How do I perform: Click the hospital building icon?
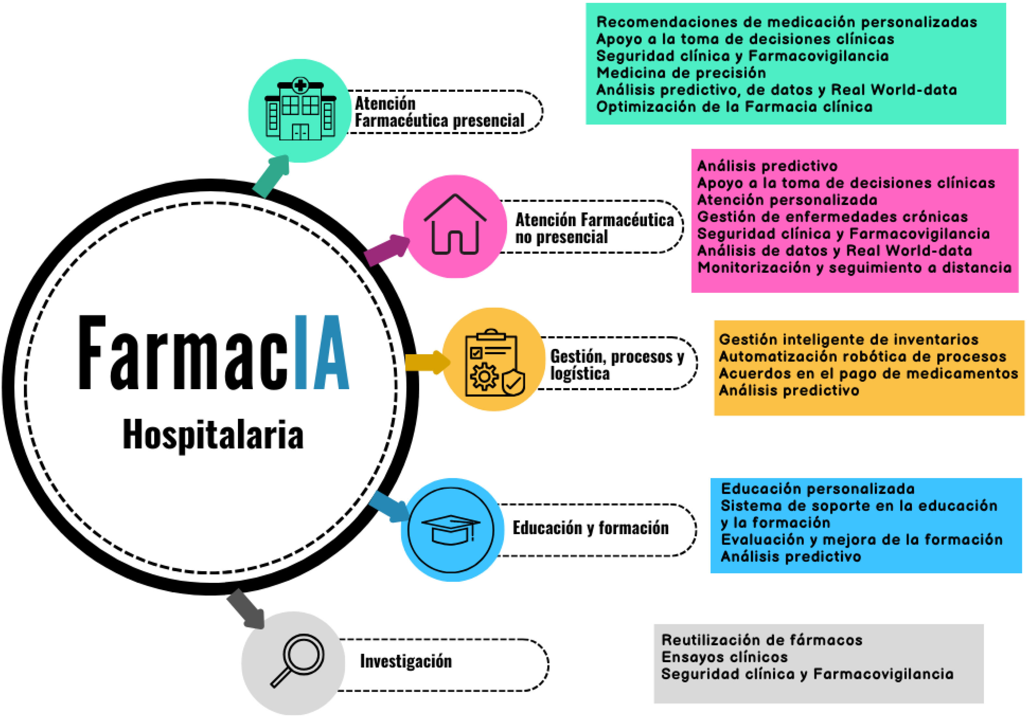(300, 109)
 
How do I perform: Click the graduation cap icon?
(451, 530)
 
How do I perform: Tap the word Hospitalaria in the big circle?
(213, 434)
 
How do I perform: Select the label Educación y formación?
(591, 528)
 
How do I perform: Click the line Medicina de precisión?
(681, 72)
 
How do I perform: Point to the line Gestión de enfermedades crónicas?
(832, 217)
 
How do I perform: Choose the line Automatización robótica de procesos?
(862, 356)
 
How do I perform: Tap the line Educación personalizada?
(818, 488)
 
